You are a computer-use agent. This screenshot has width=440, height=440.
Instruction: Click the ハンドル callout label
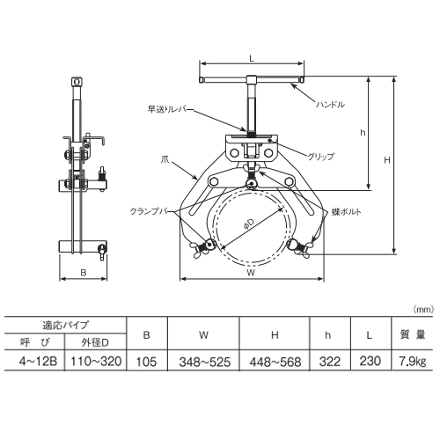coord(330,105)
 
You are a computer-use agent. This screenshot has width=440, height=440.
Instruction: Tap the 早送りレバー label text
coord(170,110)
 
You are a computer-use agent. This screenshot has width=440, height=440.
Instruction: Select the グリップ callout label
coord(320,157)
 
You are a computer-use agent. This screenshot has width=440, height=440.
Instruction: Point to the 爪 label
coord(165,160)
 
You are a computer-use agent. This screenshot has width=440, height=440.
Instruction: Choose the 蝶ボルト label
coord(347,212)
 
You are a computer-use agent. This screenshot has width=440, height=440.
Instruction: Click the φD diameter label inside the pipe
coord(249,224)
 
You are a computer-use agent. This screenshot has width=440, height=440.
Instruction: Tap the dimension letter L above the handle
coord(252,58)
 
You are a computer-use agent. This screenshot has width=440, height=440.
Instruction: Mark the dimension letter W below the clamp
coord(251,273)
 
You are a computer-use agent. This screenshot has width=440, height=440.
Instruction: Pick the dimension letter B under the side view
coord(84,273)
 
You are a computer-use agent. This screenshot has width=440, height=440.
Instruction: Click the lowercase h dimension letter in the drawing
coord(363,133)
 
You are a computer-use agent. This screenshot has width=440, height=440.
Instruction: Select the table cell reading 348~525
coord(205,362)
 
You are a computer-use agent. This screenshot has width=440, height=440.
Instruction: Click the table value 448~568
coord(275,362)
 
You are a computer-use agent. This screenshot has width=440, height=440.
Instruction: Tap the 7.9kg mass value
coord(413,362)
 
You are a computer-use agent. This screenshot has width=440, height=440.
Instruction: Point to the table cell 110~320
coord(96,362)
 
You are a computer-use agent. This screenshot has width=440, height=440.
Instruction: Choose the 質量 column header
coord(413,334)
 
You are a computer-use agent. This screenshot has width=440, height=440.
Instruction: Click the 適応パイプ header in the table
coord(65,325)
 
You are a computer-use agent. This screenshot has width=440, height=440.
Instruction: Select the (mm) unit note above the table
coord(423,310)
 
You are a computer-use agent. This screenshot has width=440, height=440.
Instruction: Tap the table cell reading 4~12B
coord(38,362)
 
